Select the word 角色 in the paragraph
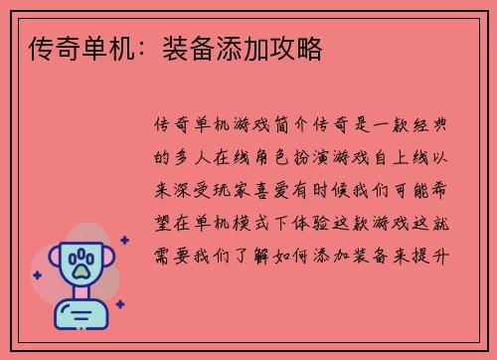pos(274,157)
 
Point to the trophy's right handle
pos(108,261)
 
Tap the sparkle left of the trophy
pos(37,274)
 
